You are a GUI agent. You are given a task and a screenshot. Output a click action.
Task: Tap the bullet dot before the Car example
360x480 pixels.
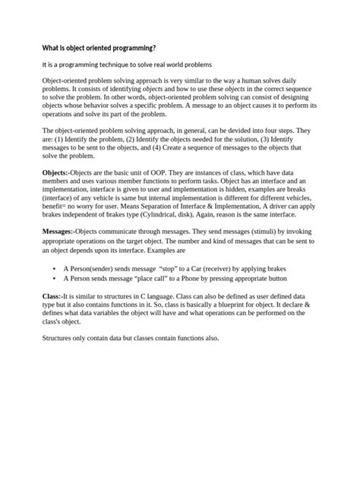pyautogui.click(x=53, y=269)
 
